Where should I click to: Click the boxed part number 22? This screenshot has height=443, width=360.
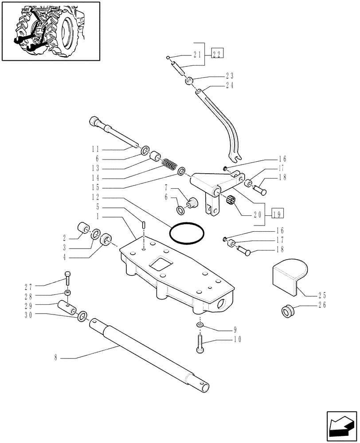(217, 54)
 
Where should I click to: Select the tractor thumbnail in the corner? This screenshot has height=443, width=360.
(51, 31)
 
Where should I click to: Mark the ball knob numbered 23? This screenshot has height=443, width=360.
(190, 81)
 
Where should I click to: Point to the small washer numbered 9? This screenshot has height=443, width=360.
(200, 326)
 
